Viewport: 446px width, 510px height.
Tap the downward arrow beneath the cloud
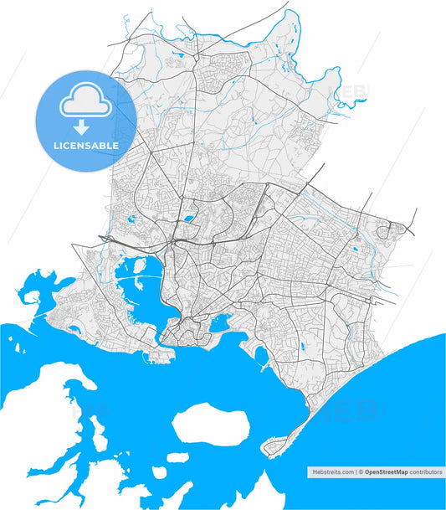pos(80,128)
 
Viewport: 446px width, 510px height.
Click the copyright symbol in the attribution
pos(361,472)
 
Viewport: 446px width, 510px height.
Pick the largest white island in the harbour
pos(210,423)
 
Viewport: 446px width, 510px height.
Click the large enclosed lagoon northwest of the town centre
pos(139,289)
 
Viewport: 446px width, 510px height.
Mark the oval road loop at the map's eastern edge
pos(387,229)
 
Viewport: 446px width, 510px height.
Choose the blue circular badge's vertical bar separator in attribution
pos(356,472)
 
